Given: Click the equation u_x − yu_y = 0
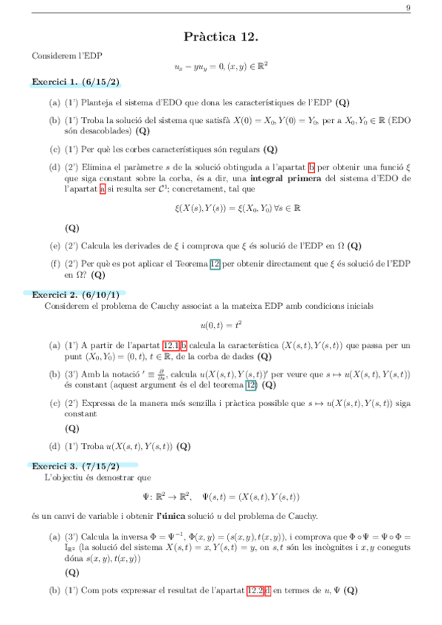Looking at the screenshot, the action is (x=221, y=66).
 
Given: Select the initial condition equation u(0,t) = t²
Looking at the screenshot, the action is (x=221, y=324).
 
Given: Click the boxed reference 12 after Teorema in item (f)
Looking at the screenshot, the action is (x=215, y=263).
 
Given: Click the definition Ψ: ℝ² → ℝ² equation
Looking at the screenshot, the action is (x=221, y=496).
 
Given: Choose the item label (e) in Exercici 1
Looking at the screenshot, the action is (x=55, y=245).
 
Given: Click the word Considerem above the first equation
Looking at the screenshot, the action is (x=50, y=55).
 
